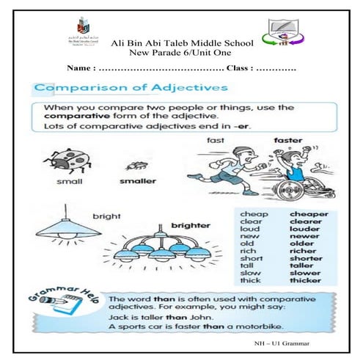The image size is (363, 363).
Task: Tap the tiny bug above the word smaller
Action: point(134,166)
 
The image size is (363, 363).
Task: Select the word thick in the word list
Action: point(249,279)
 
